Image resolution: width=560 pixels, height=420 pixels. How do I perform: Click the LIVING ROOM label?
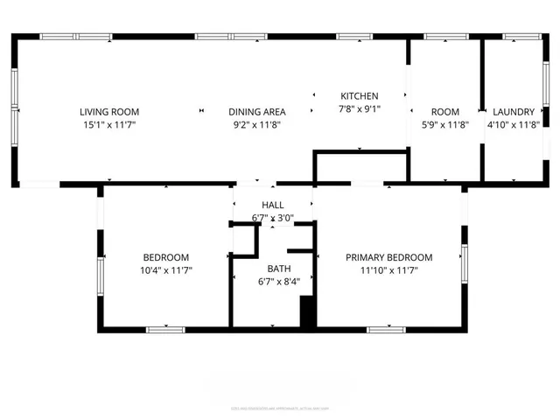[109, 112]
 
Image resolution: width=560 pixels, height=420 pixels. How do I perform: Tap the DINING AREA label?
[257, 112]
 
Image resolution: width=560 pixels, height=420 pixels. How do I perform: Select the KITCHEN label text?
[359, 96]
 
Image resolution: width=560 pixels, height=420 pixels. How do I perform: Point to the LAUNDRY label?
[514, 112]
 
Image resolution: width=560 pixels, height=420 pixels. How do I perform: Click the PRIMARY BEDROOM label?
[389, 257]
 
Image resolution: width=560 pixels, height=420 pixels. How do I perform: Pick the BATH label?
[279, 269]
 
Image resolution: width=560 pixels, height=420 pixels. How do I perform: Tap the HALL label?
[272, 205]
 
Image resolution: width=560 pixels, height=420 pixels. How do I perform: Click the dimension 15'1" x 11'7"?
[109, 125]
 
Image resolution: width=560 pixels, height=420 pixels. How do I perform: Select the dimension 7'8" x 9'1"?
[359, 109]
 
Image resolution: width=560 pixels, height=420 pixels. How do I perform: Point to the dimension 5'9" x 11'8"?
[444, 125]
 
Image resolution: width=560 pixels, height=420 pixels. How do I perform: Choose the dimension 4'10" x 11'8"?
[514, 125]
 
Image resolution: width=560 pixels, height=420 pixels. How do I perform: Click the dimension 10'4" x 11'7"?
[166, 270]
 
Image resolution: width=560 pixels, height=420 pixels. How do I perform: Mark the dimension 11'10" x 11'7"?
[389, 270]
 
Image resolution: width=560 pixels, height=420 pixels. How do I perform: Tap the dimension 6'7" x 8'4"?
[279, 282]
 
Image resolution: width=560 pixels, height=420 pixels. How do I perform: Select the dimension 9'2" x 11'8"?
[257, 125]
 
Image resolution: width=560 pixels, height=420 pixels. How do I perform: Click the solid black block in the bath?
[307, 312]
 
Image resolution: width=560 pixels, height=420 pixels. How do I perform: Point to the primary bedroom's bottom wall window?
[386, 329]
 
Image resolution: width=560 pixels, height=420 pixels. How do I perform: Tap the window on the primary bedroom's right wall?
[465, 265]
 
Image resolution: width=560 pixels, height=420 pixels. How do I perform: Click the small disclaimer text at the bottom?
[280, 407]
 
